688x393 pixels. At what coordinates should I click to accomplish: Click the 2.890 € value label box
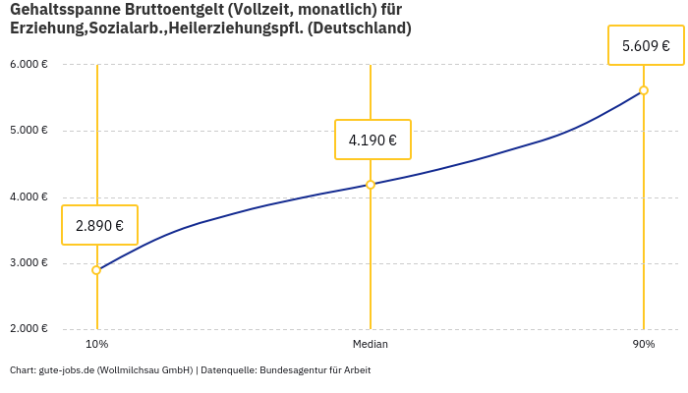coord(99,225)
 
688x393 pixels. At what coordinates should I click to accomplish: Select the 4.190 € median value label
coord(373,140)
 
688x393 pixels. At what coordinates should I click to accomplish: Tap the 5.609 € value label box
coord(646,45)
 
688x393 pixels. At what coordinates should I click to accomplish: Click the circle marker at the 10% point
coord(96,270)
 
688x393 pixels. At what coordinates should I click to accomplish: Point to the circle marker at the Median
coord(371,185)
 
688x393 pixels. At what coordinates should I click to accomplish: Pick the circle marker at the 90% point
coord(644,90)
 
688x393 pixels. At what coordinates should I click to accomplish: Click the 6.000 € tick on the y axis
coord(29,64)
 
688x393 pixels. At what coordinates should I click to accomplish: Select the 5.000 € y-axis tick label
coord(29,131)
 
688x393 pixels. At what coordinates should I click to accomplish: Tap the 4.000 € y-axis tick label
coord(29,196)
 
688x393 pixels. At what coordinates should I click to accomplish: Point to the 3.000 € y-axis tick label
coord(29,262)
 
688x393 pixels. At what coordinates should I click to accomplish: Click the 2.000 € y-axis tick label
coord(29,328)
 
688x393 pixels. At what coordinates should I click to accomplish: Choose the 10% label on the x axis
coord(96,345)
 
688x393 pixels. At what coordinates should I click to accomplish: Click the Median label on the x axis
coord(371,345)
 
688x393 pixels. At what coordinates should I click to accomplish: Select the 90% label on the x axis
coord(644,345)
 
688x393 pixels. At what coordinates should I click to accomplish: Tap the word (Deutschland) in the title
coord(360,28)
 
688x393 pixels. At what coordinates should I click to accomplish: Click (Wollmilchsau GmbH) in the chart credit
coord(144,370)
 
